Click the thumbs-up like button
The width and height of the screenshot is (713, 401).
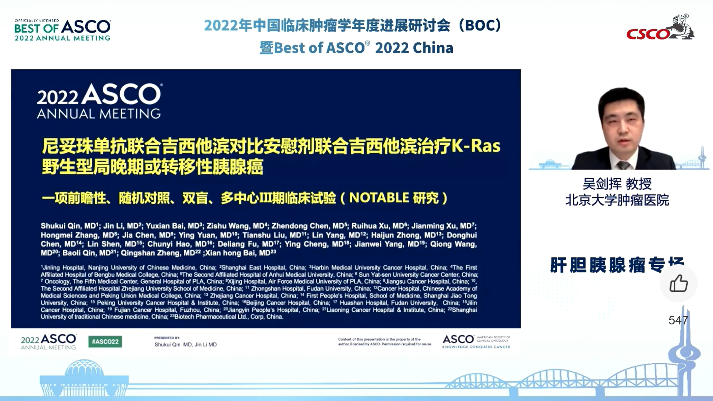[678, 283]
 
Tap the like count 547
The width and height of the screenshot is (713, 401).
[678, 320]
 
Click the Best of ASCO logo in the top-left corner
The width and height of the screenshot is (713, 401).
[62, 30]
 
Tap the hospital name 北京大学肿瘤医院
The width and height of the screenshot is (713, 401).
[617, 200]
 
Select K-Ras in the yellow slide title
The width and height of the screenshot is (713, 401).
[476, 146]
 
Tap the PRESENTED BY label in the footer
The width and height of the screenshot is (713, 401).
[167, 338]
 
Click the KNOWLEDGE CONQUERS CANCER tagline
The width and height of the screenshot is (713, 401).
[476, 347]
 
